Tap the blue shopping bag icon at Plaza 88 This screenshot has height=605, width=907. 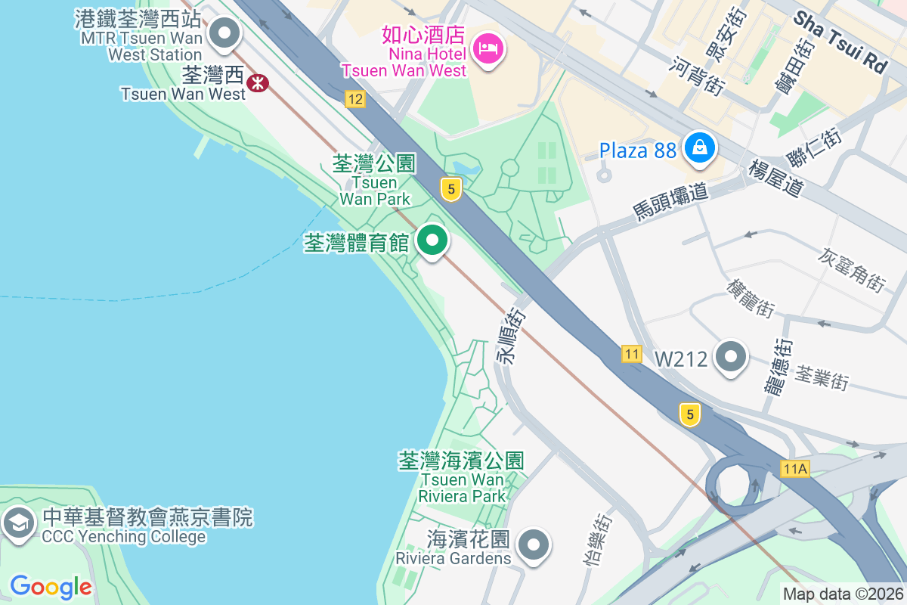700,147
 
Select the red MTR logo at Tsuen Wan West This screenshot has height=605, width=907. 258,82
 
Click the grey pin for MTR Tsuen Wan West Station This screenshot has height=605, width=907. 224,34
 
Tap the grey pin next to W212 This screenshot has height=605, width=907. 731,357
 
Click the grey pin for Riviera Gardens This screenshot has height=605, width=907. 534,544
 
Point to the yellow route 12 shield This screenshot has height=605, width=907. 354,98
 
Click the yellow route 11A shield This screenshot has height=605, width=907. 795,469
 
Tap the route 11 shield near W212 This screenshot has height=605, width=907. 632,353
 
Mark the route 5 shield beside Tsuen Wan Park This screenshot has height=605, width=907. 450,189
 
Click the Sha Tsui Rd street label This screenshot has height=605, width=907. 840,42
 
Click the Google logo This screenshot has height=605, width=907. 51,587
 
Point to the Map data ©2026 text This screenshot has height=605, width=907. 843,594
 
